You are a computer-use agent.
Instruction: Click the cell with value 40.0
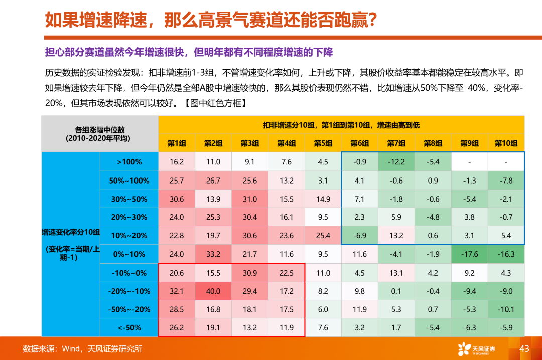(213, 291)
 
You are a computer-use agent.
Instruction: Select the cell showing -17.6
(469, 254)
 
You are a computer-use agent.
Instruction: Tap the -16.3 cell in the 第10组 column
(506, 254)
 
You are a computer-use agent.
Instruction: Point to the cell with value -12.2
(396, 162)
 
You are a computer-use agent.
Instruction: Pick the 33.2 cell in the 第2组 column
(213, 254)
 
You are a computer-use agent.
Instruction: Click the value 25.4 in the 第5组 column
(323, 236)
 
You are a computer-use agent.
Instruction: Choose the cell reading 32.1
(177, 291)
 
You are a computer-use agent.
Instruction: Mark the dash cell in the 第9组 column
(469, 162)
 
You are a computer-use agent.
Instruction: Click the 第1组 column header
(177, 143)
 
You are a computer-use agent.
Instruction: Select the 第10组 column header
(506, 143)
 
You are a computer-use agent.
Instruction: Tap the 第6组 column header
(360, 143)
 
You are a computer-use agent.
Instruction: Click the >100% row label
(129, 162)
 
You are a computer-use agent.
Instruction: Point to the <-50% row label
(129, 328)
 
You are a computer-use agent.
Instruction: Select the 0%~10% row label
(129, 254)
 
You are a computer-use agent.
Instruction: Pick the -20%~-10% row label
(129, 291)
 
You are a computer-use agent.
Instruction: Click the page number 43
(524, 348)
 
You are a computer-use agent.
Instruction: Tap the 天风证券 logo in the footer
(476, 349)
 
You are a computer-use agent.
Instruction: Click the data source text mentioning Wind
(83, 349)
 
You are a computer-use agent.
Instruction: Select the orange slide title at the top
(211, 20)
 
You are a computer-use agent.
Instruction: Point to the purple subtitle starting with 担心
(189, 53)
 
